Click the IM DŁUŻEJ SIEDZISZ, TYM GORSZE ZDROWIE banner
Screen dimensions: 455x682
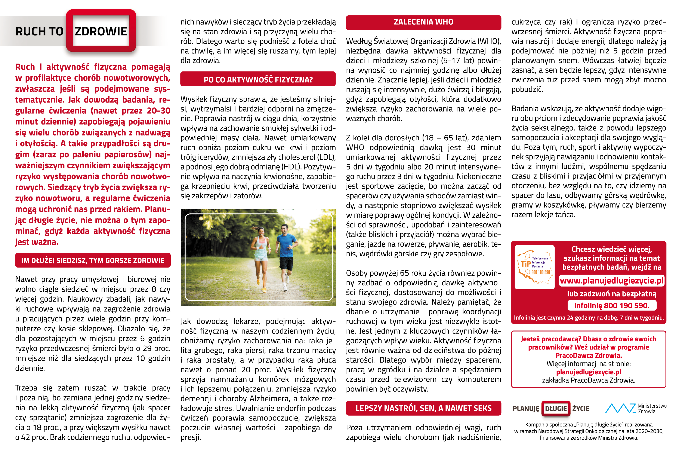93,260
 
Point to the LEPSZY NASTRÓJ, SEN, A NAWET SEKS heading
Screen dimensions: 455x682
423,408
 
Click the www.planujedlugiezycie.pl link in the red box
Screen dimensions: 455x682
612,281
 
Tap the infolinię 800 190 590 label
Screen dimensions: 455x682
612,306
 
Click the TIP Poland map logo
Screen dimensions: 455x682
534,267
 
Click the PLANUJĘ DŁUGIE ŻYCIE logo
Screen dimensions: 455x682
551,409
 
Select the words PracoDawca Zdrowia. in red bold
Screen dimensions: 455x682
588,355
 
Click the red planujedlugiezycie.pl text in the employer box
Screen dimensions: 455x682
588,372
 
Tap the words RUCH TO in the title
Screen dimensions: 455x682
39,31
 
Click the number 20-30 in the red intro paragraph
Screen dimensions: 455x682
159,111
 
